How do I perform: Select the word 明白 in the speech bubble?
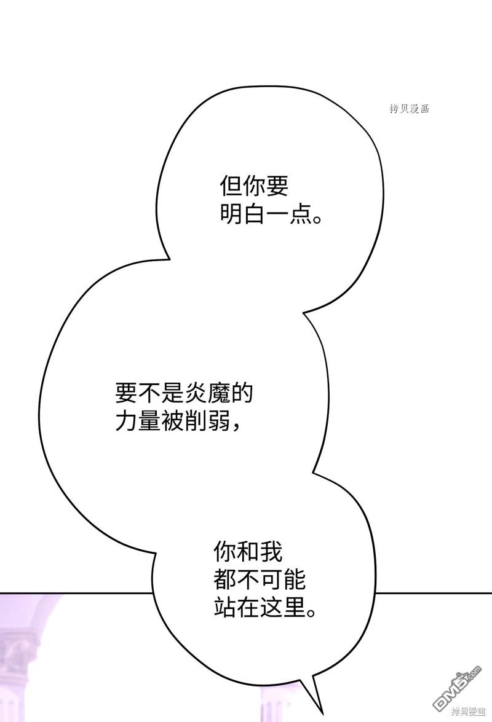[243, 215]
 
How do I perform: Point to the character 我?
[271, 552]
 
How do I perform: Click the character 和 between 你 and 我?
[248, 552]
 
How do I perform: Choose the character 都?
[225, 580]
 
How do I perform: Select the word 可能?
[283, 580]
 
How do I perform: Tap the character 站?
[225, 608]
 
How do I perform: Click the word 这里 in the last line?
[283, 608]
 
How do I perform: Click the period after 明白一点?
[318, 220]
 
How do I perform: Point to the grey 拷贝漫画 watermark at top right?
[409, 109]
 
